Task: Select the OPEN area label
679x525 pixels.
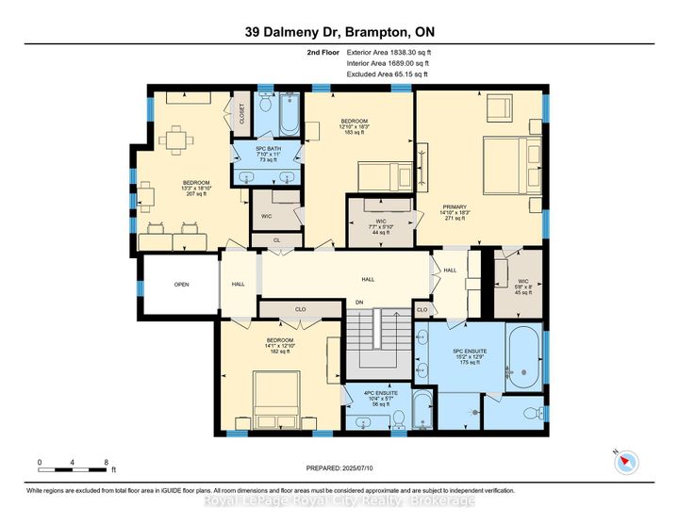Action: tap(181, 285)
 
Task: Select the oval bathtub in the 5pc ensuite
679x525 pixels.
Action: tap(522, 359)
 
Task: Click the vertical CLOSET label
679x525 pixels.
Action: tap(241, 114)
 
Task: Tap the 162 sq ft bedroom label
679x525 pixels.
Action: tap(280, 345)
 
